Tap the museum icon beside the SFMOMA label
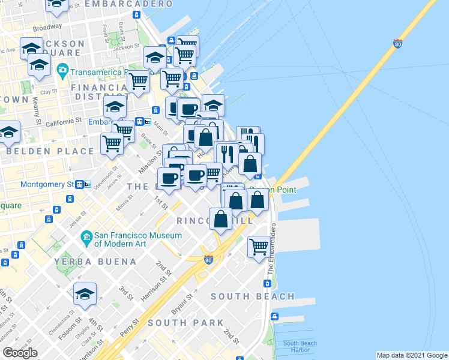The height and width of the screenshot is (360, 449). pyautogui.click(x=87, y=239)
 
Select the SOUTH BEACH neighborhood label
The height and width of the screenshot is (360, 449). pyautogui.click(x=253, y=296)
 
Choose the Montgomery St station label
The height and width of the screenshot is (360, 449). pyautogui.click(x=47, y=184)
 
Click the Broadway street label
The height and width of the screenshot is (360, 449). pyautogui.click(x=47, y=28)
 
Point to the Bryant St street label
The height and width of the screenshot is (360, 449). pyautogui.click(x=182, y=304)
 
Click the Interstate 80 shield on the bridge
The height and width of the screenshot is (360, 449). pyautogui.click(x=397, y=43)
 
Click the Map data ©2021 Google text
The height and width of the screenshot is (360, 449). pyautogui.click(x=412, y=355)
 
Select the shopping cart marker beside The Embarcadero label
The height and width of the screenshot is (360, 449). pyautogui.click(x=259, y=246)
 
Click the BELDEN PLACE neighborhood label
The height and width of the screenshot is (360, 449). pyautogui.click(x=50, y=151)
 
